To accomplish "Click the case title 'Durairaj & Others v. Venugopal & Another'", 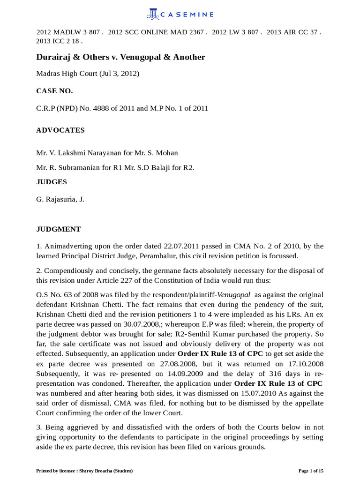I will click(120, 57).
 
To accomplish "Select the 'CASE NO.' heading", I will click(54, 91).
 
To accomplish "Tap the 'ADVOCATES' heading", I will click(60, 130).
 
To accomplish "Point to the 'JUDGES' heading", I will click(52, 181).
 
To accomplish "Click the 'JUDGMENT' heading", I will click(59, 229).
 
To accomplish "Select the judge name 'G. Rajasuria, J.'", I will click(60, 199).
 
